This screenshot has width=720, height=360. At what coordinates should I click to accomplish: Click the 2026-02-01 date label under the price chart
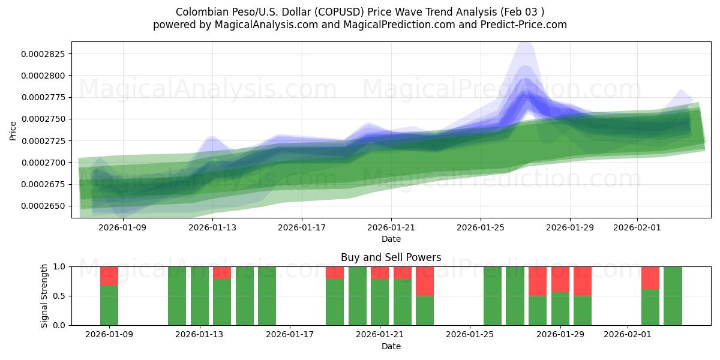pos(637,228)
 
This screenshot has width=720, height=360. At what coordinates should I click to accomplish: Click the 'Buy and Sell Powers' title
pos(391,257)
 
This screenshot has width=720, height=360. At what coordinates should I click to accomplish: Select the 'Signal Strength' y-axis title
pos(44,296)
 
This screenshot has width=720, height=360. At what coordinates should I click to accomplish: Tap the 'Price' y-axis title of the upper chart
pos(13,130)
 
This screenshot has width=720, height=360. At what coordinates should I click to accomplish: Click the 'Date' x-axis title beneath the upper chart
pos(391,239)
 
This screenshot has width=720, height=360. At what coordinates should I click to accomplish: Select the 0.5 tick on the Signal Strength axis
pos(61,296)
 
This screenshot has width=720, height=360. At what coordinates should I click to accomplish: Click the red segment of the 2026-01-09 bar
pos(109,275)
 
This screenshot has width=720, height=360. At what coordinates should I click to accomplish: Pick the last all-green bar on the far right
pos(673,296)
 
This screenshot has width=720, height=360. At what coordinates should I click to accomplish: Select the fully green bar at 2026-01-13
pos(200,296)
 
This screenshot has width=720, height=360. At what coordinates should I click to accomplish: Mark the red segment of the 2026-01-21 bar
pos(380,272)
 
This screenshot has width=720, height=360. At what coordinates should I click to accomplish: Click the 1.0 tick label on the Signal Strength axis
pos(61,266)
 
